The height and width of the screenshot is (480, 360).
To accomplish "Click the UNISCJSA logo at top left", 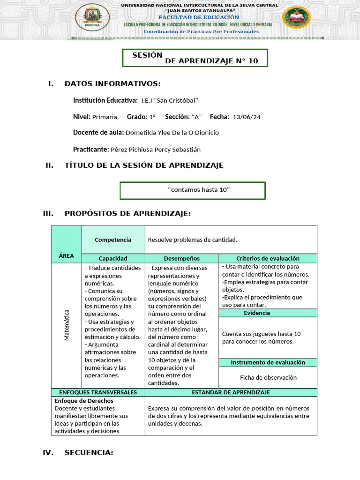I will point(92,17).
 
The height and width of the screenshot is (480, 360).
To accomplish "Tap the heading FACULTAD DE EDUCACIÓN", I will point(199,17).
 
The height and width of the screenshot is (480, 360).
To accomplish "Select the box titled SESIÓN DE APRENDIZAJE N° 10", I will point(195,58).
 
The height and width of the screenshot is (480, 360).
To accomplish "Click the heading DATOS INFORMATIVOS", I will point(112,84).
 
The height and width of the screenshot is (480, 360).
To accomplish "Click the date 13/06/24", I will point(247,117).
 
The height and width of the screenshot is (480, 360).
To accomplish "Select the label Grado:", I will point(137,117).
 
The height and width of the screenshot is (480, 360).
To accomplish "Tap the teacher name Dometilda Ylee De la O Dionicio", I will point(172,133).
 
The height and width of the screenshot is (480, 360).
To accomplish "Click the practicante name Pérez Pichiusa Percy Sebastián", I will point(155,150).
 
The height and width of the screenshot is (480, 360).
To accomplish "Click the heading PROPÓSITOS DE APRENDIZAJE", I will point(127,214).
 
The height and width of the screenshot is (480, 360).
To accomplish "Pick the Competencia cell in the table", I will point(113,240).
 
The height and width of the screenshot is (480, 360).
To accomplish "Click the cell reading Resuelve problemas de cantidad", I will point(192,240).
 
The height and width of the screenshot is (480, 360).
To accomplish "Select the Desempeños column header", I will point(181,258).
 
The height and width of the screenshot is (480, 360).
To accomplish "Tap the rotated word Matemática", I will point(66,325).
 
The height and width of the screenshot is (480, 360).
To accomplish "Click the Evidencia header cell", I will point(256,313).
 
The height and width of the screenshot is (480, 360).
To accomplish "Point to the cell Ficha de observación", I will point(268,377).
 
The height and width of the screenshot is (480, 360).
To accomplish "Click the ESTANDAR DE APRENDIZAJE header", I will point(231,392).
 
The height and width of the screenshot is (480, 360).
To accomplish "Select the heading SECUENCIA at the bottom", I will point(89,453).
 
